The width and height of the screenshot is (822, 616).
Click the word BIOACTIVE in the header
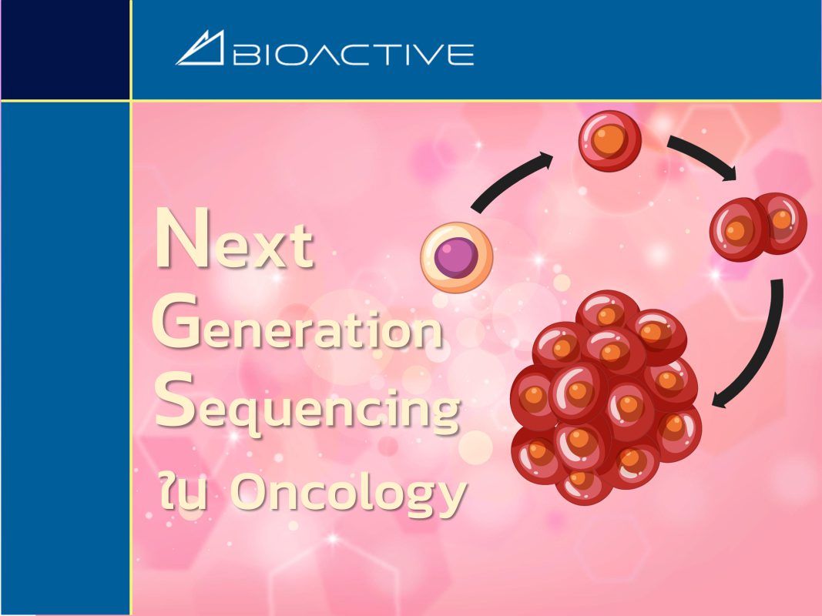click(354, 55)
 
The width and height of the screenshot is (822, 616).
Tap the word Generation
click(297, 323)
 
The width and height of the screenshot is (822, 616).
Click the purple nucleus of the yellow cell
click(455, 257)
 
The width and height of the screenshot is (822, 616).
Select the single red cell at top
click(609, 141)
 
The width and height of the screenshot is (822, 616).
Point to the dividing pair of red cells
click(758, 227)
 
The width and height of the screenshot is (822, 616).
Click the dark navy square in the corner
click(65, 49)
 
